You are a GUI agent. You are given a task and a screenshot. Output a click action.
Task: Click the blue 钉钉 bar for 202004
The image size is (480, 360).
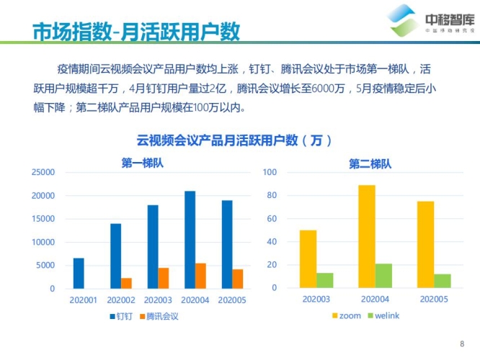(x=190, y=240)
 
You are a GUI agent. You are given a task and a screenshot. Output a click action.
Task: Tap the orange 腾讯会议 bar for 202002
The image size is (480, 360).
(x=126, y=283)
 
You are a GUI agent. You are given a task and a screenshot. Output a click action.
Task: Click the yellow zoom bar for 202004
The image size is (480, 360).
(x=366, y=237)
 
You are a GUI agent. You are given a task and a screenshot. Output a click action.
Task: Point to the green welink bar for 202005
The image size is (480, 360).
(x=443, y=281)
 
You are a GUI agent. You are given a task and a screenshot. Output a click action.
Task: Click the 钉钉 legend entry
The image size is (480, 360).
(x=123, y=316)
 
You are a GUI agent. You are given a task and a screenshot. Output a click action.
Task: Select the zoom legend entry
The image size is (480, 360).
(x=346, y=316)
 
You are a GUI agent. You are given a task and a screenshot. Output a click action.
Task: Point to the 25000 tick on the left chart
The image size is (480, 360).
(x=43, y=173)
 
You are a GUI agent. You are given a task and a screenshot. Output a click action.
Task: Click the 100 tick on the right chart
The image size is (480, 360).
(x=270, y=173)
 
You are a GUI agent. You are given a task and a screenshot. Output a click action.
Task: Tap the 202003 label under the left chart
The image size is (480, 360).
(x=158, y=299)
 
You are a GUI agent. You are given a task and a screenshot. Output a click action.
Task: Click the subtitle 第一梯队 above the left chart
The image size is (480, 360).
(x=143, y=163)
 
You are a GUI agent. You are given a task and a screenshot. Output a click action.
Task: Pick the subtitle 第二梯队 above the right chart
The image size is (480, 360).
(x=370, y=163)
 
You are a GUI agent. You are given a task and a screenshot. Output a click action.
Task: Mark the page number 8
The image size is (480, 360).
(x=462, y=343)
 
